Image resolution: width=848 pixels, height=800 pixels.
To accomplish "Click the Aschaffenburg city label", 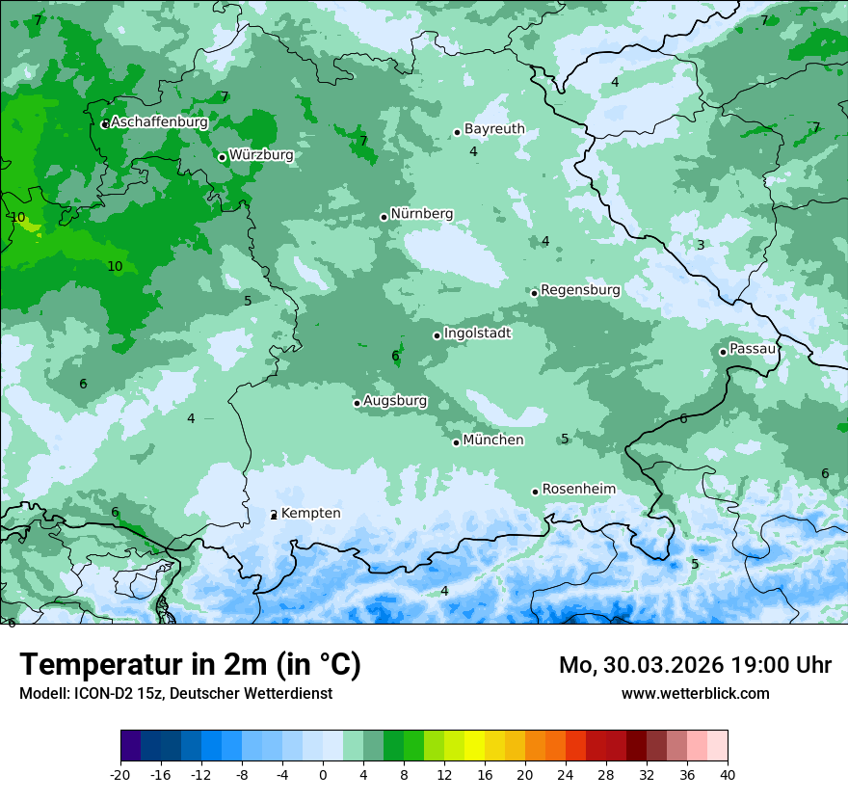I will tap(159, 122).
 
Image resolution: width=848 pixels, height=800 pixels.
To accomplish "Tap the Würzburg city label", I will tap(261, 154).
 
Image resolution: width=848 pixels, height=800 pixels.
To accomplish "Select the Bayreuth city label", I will tap(494, 129).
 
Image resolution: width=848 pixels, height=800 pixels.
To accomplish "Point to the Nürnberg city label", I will tap(422, 214).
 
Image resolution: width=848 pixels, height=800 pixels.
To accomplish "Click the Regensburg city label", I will tap(580, 290).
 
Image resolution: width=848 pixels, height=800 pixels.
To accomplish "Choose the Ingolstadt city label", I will tap(477, 333).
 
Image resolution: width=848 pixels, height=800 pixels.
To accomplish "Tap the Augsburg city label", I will tap(395, 401).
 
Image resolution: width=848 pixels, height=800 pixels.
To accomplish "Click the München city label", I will tap(493, 440).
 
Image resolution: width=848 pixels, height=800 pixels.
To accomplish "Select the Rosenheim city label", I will tap(578, 490).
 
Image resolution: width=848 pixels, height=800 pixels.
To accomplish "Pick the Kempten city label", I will tap(310, 514).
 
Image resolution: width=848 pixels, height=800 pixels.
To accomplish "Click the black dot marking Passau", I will tap(723, 352).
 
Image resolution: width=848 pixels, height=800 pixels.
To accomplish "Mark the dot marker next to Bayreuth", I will tap(458, 132).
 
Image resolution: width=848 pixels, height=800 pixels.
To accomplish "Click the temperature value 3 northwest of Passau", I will tap(701, 245).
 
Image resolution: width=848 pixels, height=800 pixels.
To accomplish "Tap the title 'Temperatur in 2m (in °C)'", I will tap(190, 665).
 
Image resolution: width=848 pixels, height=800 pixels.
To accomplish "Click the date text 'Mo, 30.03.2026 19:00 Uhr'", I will tap(695, 665).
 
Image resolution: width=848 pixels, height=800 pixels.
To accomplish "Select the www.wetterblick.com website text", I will tap(695, 693).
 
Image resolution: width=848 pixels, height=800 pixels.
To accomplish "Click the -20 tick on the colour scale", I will tap(120, 774).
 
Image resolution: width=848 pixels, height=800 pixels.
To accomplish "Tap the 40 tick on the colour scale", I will tap(728, 774).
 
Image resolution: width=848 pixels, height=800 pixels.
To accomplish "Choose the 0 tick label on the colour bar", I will tap(323, 774).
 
